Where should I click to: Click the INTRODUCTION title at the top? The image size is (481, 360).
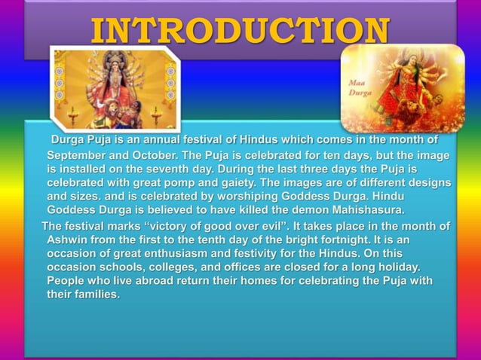tap(240, 30)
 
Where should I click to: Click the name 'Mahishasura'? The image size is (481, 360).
tap(363, 210)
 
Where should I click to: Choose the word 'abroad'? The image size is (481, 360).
tap(148, 281)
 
